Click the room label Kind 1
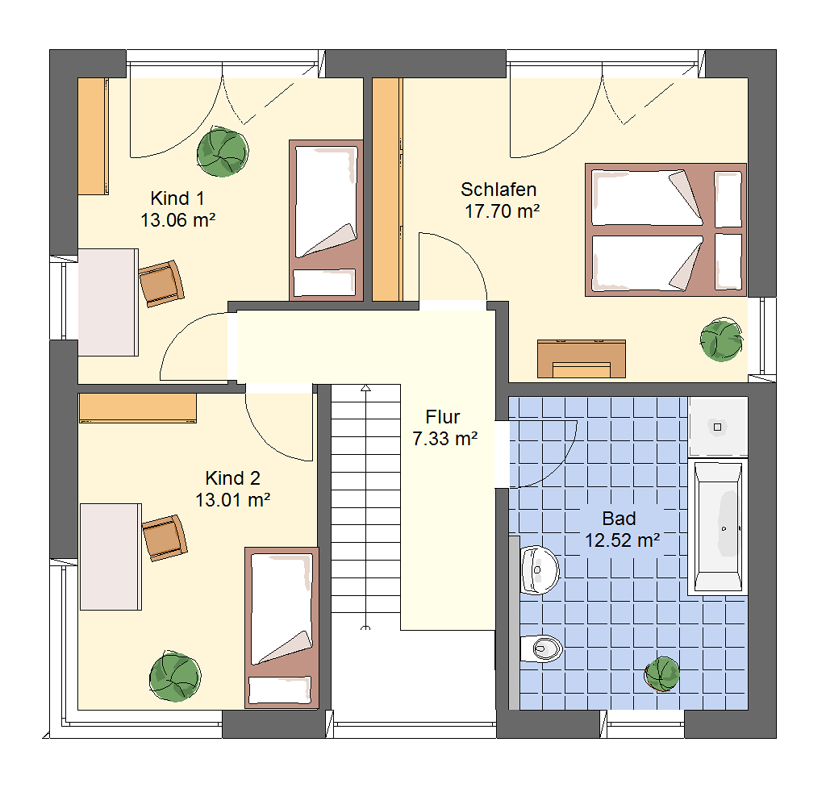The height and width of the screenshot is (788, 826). click(177, 198)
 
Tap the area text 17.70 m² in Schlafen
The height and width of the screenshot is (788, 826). click(502, 211)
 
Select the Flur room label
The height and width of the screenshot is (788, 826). click(443, 417)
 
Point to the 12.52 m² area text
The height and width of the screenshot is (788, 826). click(623, 540)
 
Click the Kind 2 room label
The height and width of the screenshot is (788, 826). click(233, 478)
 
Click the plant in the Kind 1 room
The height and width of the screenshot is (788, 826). click(223, 152)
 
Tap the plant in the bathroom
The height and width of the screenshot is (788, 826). click(662, 674)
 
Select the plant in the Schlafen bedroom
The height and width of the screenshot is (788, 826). click(721, 340)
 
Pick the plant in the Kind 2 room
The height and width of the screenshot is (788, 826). click(175, 677)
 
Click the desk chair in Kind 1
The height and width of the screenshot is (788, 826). click(161, 283)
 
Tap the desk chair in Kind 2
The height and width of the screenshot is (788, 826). click(165, 538)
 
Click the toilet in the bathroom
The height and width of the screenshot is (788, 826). click(541, 648)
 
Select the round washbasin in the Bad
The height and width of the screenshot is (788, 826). click(540, 570)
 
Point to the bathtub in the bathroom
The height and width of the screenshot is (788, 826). click(717, 527)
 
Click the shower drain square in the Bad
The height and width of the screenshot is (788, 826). click(717, 427)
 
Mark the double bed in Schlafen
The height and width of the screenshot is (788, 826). click(665, 230)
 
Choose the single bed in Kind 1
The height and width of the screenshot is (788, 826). click(326, 220)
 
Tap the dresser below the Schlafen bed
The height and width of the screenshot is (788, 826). click(581, 359)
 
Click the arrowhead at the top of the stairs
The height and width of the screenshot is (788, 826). click(365, 388)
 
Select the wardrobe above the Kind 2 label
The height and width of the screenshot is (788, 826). click(137, 407)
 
